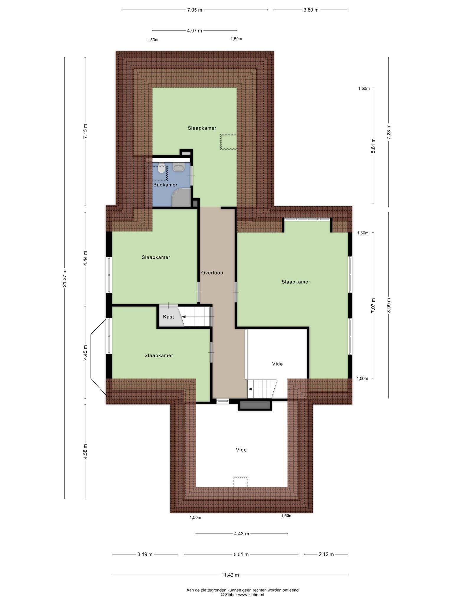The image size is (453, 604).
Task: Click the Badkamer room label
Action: [165, 185]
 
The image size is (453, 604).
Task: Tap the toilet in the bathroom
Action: [161, 168]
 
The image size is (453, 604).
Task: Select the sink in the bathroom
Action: [178, 167]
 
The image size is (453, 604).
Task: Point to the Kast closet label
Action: [168, 317]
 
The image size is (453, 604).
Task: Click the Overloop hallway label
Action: [212, 273]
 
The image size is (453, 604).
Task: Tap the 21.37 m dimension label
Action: [65, 278]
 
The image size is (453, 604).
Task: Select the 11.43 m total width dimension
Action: [230, 575]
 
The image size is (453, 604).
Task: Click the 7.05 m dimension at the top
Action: [195, 10]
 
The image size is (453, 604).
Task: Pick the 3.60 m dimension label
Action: [311, 10]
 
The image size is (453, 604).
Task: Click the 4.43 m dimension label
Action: [242, 534]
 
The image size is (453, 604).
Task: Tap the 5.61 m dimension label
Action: [373, 146]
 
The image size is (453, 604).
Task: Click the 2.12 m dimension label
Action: [326, 554]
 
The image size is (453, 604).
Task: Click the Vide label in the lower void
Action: [241, 450]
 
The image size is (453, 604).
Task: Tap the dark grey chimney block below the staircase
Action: [255, 405]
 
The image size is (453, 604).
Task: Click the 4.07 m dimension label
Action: [195, 30]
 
